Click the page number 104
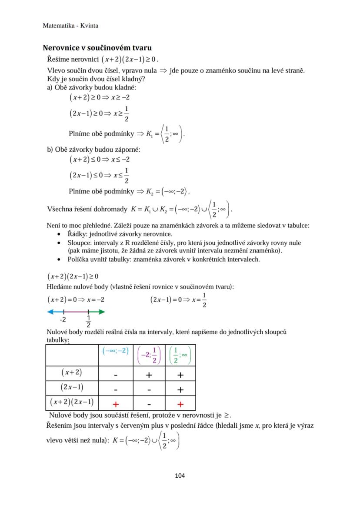pyautogui.click(x=180, y=476)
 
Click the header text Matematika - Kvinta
pyautogui.click(x=70, y=26)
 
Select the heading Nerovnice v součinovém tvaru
pyautogui.click(x=97, y=48)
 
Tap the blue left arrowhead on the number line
pyautogui.click(x=50, y=312)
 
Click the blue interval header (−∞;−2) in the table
pyautogui.click(x=116, y=351)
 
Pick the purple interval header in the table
pyautogui.click(x=149, y=355)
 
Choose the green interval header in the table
pyautogui.click(x=180, y=355)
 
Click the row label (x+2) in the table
pyautogui.click(x=72, y=373)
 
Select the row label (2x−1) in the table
pyautogui.click(x=72, y=387)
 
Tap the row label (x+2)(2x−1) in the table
pyautogui.click(x=72, y=403)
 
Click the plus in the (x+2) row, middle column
pyautogui.click(x=149, y=374)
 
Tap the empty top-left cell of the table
pyautogui.click(x=73, y=355)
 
